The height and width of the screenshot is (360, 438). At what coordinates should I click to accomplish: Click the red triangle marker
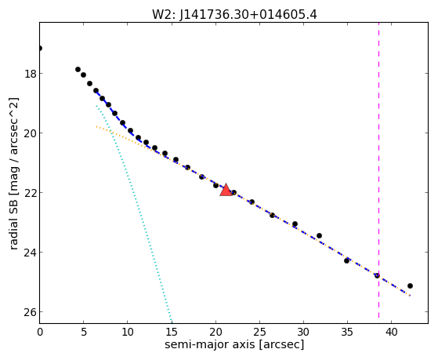click(x=226, y=190)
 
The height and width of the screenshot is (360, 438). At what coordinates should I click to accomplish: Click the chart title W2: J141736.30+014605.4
click(x=234, y=14)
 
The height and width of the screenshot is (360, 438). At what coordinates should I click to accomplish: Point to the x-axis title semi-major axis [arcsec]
click(x=234, y=344)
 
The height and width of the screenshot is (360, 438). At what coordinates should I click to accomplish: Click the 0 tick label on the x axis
click(x=40, y=333)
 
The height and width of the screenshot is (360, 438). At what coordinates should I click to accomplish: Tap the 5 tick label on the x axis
click(x=84, y=333)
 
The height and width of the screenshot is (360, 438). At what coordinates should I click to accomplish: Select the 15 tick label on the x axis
click(x=172, y=333)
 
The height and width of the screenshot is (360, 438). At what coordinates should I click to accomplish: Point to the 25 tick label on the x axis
click(x=259, y=333)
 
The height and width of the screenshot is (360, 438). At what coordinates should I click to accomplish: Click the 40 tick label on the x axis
click(x=391, y=333)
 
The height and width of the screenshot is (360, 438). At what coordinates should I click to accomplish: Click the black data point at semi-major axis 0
click(x=40, y=49)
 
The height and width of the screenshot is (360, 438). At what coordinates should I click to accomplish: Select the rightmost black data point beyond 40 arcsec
click(x=410, y=285)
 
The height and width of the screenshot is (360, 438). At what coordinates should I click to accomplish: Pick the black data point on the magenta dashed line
click(x=377, y=275)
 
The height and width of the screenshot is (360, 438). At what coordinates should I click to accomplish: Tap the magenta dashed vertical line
click(x=378, y=170)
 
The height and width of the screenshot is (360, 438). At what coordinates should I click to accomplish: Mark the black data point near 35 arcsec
click(x=346, y=260)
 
